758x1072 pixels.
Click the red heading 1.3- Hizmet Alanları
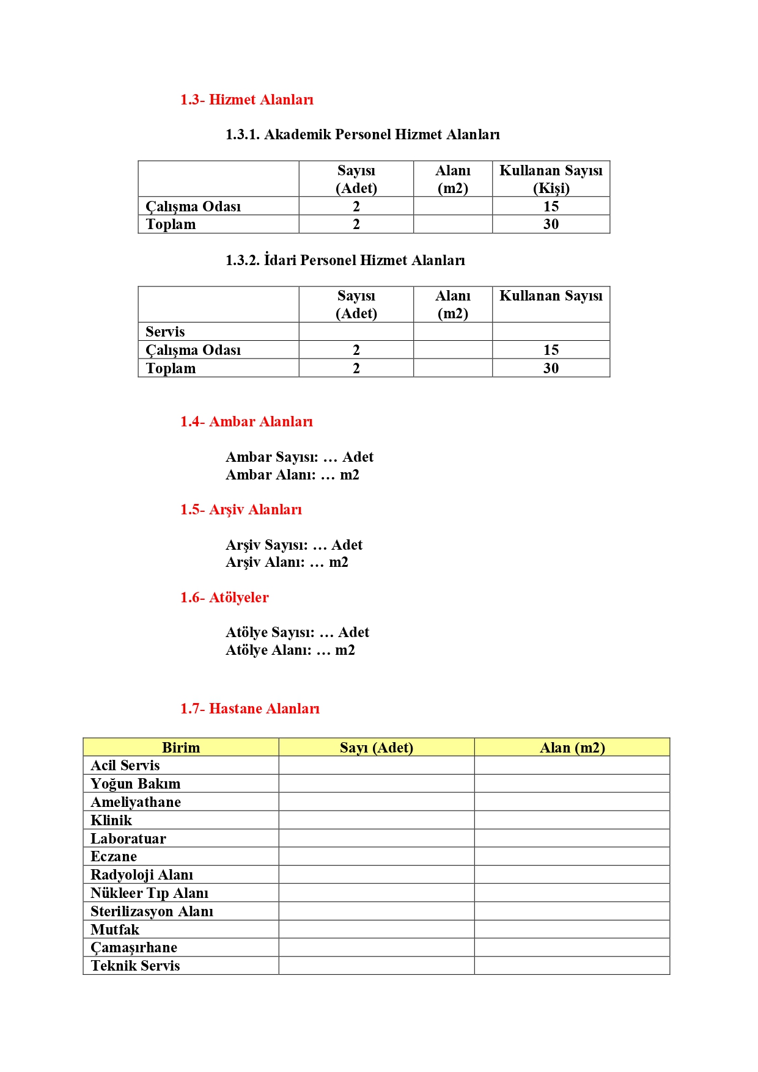coord(246,100)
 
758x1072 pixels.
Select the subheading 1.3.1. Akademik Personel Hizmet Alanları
coord(362,134)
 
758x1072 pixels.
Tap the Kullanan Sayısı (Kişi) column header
coord(551,179)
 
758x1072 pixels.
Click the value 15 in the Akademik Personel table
coord(551,206)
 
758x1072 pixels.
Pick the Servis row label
coord(165,332)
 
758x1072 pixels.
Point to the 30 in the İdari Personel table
coord(551,368)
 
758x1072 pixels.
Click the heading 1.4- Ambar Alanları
coord(246,421)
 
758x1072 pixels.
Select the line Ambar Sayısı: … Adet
coord(299,457)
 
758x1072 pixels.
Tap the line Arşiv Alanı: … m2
coord(287,562)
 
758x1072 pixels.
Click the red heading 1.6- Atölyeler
coord(224,597)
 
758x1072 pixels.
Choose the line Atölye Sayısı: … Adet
coord(297,632)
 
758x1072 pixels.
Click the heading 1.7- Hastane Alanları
coord(249,709)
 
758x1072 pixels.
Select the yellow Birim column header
coord(181,748)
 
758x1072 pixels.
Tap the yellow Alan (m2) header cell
coord(572,748)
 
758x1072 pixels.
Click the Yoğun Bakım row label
coord(136,784)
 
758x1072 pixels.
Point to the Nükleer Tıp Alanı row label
coord(149,893)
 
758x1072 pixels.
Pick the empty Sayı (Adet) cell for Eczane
coord(377,856)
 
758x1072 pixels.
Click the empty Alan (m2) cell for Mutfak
coord(572,929)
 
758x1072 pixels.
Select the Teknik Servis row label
coord(135,966)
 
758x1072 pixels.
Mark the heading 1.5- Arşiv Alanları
coord(241,509)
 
